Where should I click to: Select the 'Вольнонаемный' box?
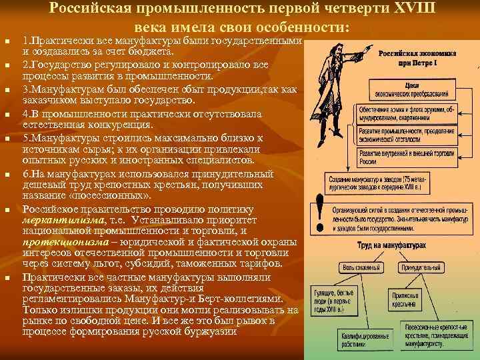[361, 268]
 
